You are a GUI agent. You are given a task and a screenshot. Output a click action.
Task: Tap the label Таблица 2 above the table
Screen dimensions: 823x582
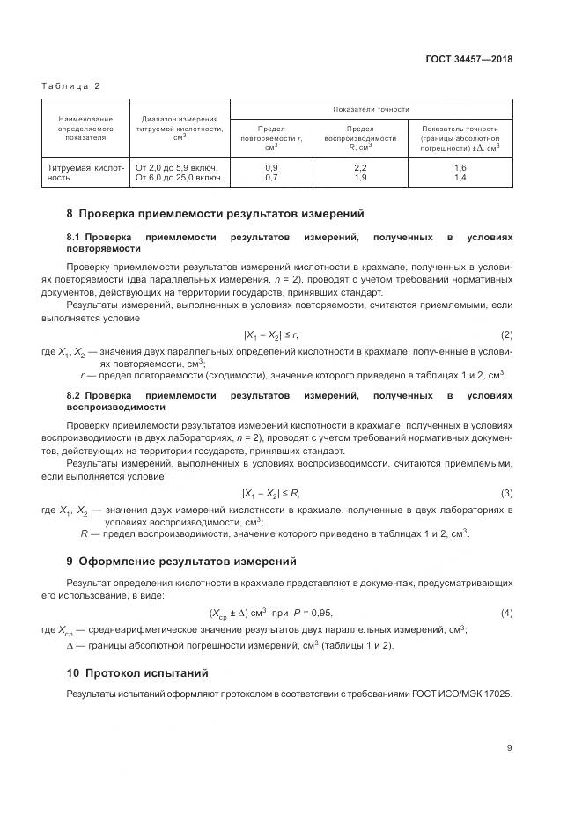70,85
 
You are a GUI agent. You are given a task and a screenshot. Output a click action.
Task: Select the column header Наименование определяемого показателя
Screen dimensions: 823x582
85,129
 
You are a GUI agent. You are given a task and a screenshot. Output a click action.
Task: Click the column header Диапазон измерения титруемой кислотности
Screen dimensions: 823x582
180,129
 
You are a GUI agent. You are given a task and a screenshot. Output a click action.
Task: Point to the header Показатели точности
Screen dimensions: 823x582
371,109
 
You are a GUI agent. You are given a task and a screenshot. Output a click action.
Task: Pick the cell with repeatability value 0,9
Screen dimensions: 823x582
271,166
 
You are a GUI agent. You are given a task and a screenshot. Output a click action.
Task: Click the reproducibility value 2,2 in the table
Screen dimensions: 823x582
360,166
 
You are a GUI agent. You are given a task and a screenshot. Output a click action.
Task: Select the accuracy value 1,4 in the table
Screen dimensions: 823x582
460,177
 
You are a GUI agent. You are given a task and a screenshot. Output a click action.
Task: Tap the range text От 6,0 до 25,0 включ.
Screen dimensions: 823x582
180,177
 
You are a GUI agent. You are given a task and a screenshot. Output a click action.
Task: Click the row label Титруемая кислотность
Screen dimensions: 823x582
85,172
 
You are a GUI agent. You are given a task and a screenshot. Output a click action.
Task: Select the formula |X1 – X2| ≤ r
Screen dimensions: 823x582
270,335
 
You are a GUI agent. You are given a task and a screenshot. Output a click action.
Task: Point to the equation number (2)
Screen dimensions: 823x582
506,335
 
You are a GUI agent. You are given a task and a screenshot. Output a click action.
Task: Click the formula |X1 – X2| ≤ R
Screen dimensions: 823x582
270,492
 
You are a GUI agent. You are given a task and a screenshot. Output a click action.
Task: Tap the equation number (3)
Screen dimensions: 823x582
506,492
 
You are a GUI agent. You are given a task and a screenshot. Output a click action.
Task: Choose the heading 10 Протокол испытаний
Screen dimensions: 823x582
137,673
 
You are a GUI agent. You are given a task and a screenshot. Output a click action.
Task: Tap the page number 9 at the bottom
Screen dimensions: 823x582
509,748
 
